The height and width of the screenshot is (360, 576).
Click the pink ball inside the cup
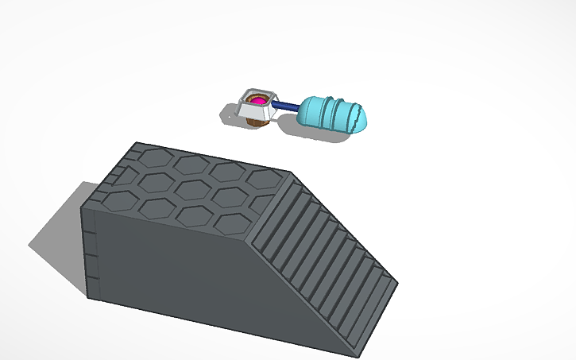[x=258, y=100]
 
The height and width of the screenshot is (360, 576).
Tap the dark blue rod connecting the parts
[x=287, y=106]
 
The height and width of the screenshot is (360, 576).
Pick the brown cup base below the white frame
[x=256, y=121]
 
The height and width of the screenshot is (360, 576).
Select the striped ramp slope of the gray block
[x=326, y=254]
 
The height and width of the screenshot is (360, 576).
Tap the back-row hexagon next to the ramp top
[x=263, y=180]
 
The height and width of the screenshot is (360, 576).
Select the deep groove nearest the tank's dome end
[x=343, y=111]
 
